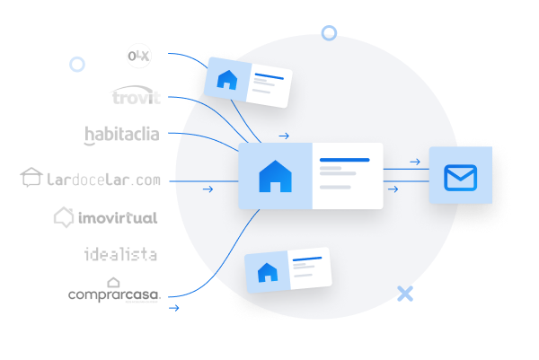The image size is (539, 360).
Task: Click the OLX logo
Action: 138,57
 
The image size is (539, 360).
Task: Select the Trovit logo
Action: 135,96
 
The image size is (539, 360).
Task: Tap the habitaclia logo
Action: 121,135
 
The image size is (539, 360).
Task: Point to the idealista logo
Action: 120,254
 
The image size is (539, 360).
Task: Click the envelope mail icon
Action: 460,177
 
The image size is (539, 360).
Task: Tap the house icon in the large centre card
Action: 275,176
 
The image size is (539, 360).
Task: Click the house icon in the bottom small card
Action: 267,272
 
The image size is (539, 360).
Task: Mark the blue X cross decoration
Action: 405,293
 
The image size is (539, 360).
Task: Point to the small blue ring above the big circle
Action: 329,33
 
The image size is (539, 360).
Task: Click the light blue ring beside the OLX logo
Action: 77,64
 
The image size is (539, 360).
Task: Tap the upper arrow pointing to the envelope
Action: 415,162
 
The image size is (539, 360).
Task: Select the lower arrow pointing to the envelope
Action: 393,189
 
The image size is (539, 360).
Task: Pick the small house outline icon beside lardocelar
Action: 31,178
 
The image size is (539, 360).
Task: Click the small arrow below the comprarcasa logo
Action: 174,308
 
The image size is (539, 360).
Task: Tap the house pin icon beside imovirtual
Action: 63,216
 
